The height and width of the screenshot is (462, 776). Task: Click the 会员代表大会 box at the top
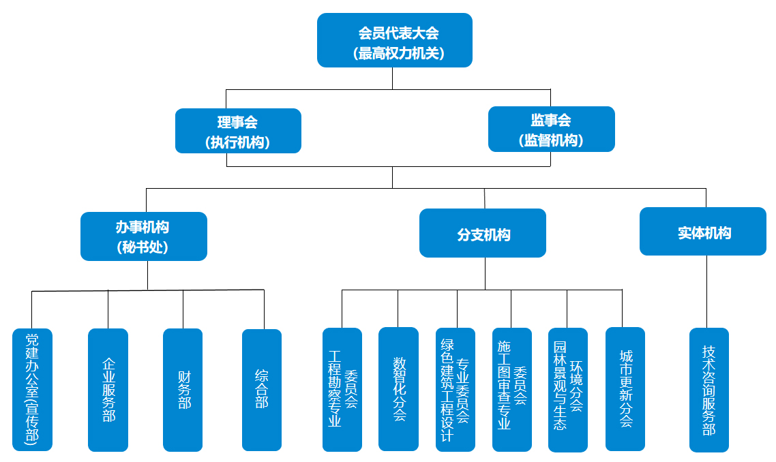point(395,40)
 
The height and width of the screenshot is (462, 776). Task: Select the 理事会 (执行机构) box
point(238,131)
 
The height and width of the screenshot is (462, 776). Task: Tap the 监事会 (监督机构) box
point(551,129)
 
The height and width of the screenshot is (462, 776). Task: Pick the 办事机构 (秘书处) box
point(143,236)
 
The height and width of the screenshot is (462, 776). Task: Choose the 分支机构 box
point(483,233)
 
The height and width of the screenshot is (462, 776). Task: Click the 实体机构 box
point(703,231)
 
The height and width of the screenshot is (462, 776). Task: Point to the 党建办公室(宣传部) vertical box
point(32,390)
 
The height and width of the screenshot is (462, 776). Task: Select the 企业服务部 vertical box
point(108,390)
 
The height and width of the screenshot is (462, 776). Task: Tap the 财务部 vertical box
point(183,390)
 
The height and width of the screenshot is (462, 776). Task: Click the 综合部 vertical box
point(262,390)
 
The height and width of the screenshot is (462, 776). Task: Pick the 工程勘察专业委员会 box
point(342,390)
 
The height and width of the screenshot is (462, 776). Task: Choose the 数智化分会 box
point(398,389)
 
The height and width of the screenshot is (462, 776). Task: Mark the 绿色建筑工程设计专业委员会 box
point(456,390)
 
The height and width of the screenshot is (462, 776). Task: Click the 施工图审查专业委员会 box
point(512,390)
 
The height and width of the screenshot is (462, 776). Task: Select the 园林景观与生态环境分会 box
point(568,390)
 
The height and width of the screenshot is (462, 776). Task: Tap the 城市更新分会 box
point(625,389)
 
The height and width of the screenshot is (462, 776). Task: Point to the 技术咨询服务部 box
point(709,390)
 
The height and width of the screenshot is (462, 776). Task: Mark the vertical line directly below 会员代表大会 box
point(393,78)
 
